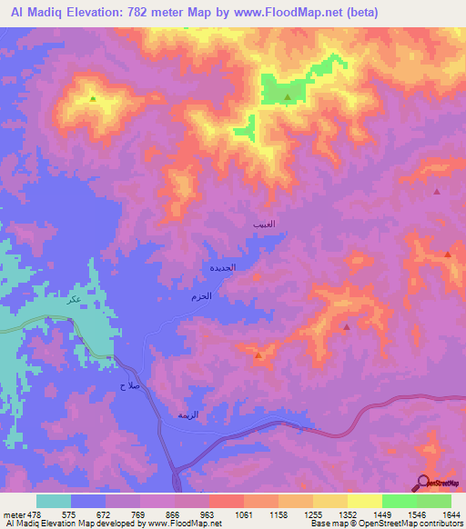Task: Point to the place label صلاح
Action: click(128, 385)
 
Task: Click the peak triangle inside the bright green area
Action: click(288, 97)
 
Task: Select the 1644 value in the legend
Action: click(451, 514)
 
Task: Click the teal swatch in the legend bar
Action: click(54, 501)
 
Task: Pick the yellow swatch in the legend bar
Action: click(364, 501)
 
